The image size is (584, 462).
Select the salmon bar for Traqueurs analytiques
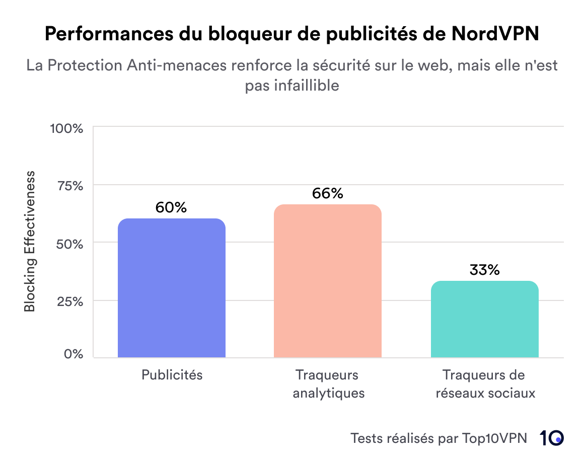tap(328, 281)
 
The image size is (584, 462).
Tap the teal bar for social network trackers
tap(484, 320)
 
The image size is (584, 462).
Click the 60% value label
tap(171, 207)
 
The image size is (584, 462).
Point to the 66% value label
tap(327, 193)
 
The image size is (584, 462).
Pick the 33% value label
tap(484, 270)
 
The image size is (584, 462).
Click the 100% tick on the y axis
tap(66, 128)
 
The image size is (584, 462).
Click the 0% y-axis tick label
tap(73, 354)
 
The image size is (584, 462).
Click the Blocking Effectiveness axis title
tap(30, 242)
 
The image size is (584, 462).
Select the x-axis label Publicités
tap(172, 375)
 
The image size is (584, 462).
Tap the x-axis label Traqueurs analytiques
tap(328, 383)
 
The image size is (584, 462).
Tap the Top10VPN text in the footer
tap(494, 438)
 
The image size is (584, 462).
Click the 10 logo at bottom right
tap(551, 438)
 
